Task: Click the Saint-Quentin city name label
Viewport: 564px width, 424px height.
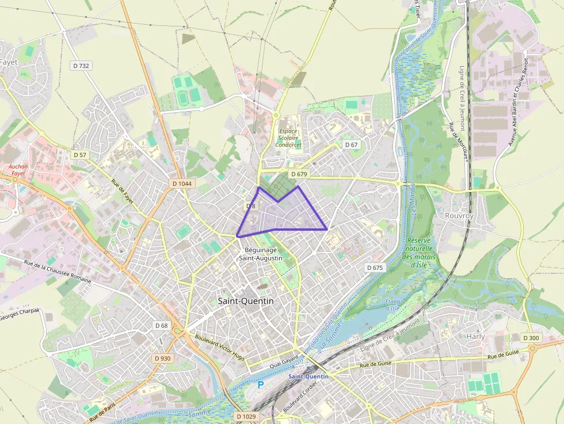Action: point(246,301)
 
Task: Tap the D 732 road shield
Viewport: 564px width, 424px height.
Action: point(81,66)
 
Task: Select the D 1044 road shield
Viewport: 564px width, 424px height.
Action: point(182,184)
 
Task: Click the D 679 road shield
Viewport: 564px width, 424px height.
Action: point(299,174)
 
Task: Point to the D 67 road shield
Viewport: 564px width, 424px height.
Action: point(351,144)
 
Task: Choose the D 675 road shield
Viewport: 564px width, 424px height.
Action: point(374,268)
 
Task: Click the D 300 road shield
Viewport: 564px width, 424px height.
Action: point(531,337)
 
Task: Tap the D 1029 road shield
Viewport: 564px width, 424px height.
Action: point(246,416)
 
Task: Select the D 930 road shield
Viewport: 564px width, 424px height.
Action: point(163,358)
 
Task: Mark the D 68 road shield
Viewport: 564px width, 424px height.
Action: point(162,326)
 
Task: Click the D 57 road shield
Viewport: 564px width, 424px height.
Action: point(79,155)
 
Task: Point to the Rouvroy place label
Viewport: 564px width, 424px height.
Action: point(459,215)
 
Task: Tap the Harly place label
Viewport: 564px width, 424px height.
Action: point(475,336)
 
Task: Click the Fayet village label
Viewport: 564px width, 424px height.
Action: point(9,62)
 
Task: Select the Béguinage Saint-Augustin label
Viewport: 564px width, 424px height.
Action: point(261,254)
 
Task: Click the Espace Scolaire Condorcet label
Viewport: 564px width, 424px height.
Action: point(288,138)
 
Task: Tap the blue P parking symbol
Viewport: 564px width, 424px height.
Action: point(261,384)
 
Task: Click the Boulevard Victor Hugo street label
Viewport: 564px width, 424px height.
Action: point(220,347)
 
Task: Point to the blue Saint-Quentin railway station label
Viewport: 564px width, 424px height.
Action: point(308,376)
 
